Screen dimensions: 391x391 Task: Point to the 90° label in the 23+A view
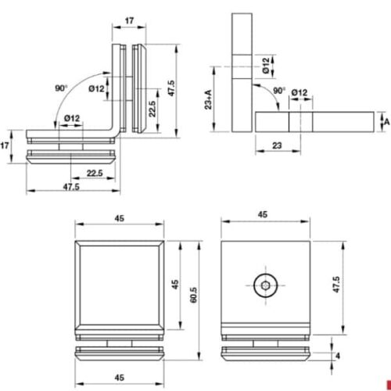[x=278, y=91]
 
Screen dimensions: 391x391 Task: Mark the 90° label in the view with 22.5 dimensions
[x=61, y=88]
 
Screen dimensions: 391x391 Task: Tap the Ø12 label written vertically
[x=266, y=64]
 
